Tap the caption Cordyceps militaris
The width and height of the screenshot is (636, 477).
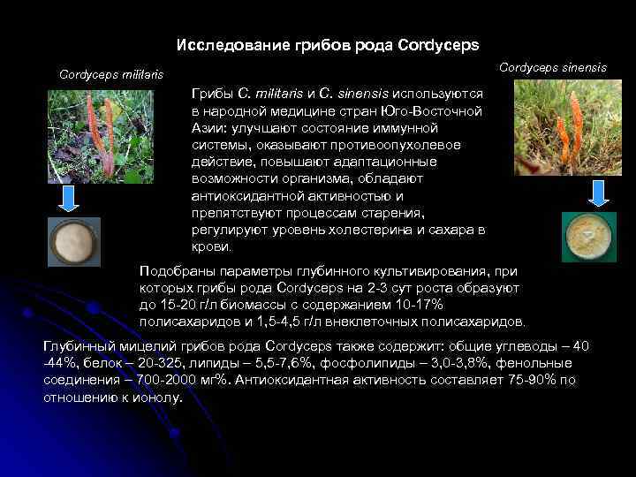pos(111,74)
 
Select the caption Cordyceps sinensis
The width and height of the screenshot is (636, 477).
pos(553,67)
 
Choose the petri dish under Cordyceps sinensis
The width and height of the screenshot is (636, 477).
pos(588,238)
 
